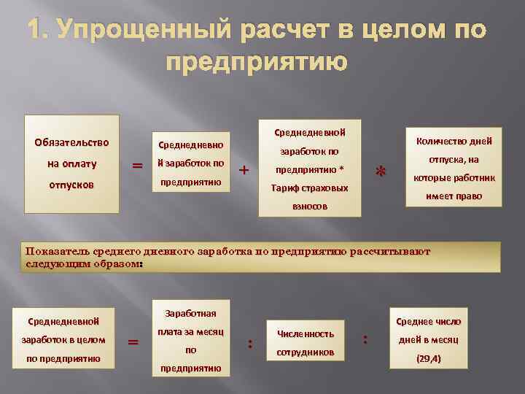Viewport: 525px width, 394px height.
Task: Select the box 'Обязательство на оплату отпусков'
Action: pyautogui.click(x=71, y=163)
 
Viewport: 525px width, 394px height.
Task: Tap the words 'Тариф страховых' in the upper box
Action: pyautogui.click(x=310, y=188)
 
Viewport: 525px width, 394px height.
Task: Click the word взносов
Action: pyautogui.click(x=310, y=206)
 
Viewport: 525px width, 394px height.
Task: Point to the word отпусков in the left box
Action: pyautogui.click(x=71, y=185)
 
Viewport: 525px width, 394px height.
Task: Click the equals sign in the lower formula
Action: pyautogui.click(x=133, y=341)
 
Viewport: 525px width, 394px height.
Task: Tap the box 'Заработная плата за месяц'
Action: pyautogui.click(x=190, y=340)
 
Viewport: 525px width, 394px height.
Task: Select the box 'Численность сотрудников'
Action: pyautogui.click(x=305, y=343)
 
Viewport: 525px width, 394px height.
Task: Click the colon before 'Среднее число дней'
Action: pyautogui.click(x=365, y=339)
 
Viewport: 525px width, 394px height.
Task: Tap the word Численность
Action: pyautogui.click(x=305, y=333)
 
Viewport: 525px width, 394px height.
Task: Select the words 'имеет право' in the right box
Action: pyautogui.click(x=454, y=196)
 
